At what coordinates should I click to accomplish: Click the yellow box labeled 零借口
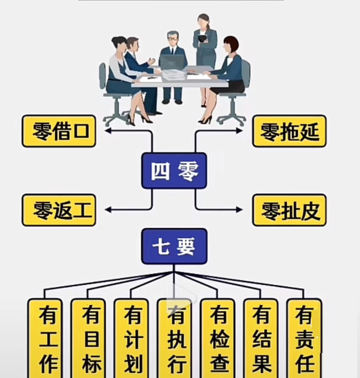pyautogui.click(x=59, y=131)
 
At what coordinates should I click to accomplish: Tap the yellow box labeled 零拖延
pyautogui.click(x=289, y=131)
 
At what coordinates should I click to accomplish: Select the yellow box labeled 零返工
pyautogui.click(x=59, y=210)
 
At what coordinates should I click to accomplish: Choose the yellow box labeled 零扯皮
pyautogui.click(x=289, y=210)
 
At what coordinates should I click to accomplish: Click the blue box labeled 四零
pyautogui.click(x=174, y=171)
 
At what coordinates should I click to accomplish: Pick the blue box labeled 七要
pyautogui.click(x=174, y=246)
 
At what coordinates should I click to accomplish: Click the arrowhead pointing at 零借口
pyautogui.click(x=108, y=131)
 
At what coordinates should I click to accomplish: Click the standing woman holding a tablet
pyautogui.click(x=205, y=41)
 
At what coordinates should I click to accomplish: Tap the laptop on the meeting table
pyautogui.click(x=173, y=62)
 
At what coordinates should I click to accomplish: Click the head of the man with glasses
pyautogui.click(x=173, y=38)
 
